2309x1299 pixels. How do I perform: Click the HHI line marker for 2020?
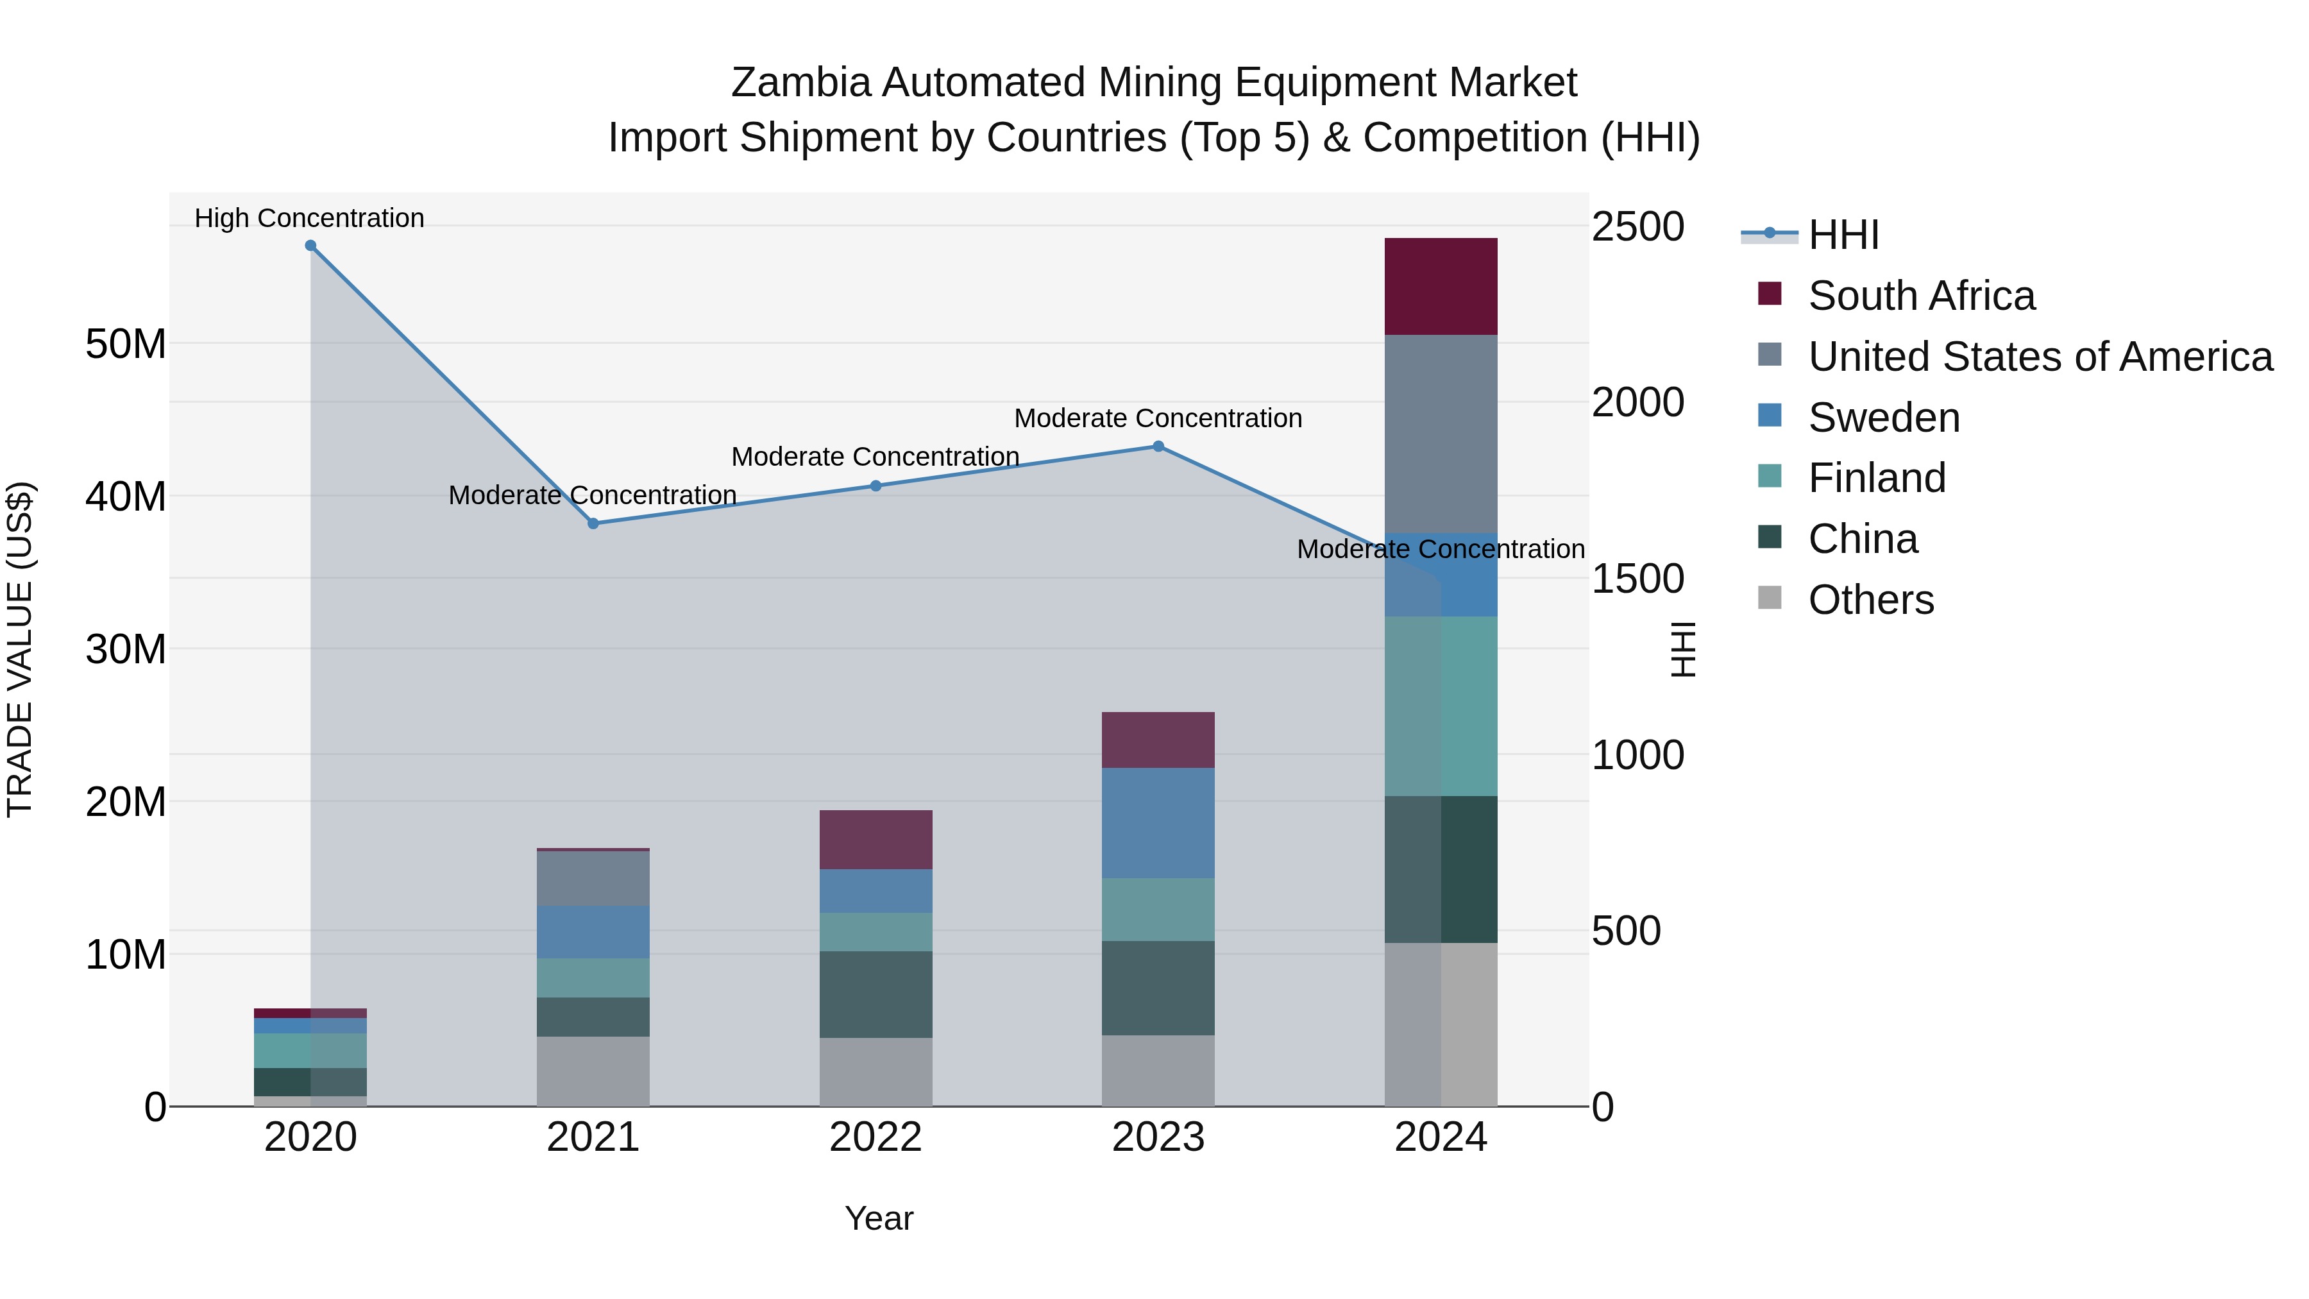pos(310,246)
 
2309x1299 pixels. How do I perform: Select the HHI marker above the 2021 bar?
pos(593,523)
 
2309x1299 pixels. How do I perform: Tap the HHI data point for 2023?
pos(1158,446)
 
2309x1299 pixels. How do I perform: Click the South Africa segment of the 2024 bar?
pos(1441,287)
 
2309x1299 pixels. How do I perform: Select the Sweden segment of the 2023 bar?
pos(1158,823)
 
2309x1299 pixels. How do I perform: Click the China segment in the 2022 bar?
pos(875,994)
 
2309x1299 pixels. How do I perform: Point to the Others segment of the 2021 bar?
pos(593,1071)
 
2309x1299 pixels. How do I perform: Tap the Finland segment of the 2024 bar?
pos(1441,706)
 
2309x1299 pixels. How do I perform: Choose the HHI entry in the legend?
pos(1843,235)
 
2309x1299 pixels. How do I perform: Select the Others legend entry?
pos(1871,600)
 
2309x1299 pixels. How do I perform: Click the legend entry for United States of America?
pos(2039,357)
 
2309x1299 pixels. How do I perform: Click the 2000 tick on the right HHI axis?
pos(1637,402)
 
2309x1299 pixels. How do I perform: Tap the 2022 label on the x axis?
pos(875,1137)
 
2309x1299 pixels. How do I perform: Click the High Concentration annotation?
pos(309,218)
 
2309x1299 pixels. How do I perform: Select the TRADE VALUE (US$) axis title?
pos(20,649)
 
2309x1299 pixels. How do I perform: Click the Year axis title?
pos(879,1218)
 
